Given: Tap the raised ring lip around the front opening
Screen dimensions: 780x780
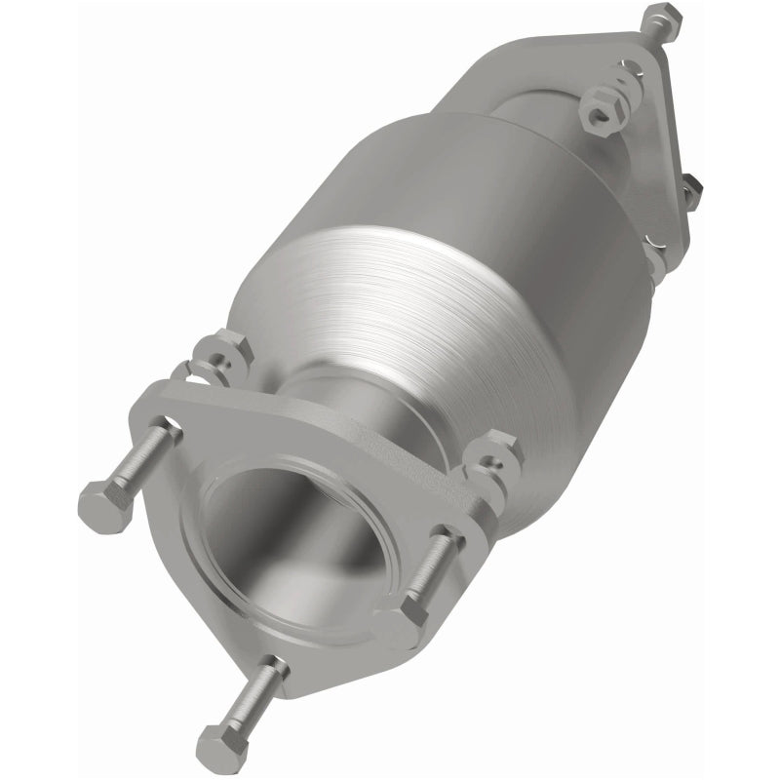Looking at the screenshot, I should [x=375, y=507].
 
